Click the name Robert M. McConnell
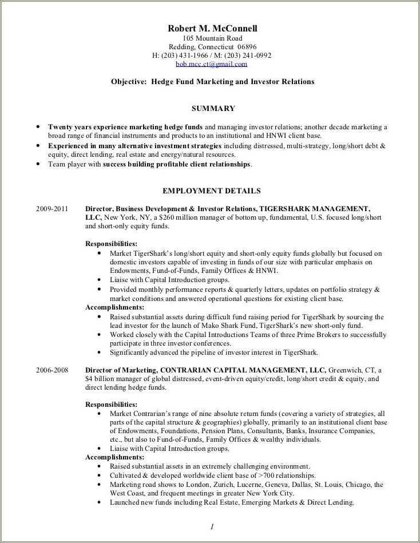(212, 29)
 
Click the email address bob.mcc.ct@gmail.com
(212, 64)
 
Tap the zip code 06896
(247, 47)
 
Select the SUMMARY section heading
(213, 108)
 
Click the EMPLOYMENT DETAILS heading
(212, 191)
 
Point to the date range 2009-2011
(52, 209)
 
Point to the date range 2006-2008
(52, 370)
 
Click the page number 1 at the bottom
(211, 526)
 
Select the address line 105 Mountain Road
(212, 38)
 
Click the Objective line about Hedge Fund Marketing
(212, 82)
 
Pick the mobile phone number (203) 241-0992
(248, 56)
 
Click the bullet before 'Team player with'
(38, 164)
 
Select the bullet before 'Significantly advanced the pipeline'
(100, 352)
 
